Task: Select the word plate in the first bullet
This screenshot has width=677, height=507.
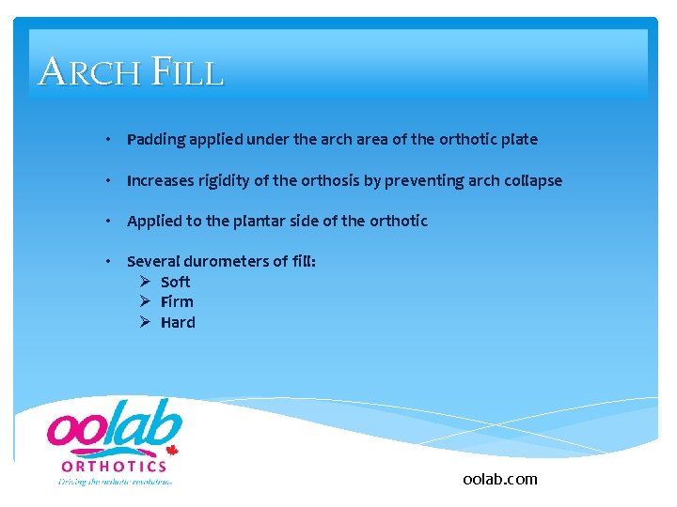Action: (x=519, y=140)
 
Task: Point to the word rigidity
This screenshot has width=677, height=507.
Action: (x=224, y=180)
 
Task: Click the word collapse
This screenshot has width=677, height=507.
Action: (x=533, y=180)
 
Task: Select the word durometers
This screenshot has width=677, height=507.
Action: (x=223, y=262)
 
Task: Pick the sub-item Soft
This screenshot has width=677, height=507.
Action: (x=176, y=282)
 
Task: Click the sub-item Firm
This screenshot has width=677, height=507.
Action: (x=177, y=302)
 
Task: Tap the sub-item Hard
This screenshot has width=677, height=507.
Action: (x=178, y=323)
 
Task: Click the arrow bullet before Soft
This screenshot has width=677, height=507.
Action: (x=145, y=282)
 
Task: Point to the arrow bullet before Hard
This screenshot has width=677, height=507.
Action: (x=145, y=323)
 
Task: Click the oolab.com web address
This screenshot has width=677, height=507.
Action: (x=500, y=479)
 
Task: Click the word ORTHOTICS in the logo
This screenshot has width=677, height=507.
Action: (x=114, y=466)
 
